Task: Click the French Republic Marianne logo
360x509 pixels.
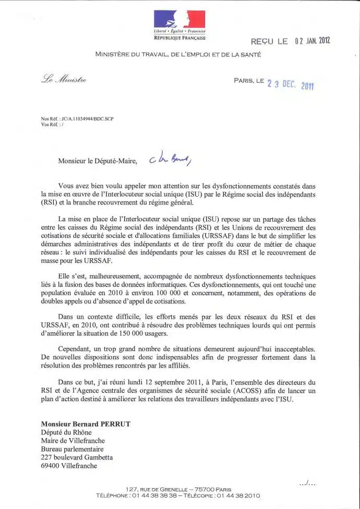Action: coord(179,19)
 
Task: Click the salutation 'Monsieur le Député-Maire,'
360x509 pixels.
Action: coord(98,161)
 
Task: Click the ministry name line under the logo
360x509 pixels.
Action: coord(179,54)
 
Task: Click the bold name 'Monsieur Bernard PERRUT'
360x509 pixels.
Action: coord(86,424)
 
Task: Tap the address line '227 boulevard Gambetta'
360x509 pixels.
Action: coord(77,457)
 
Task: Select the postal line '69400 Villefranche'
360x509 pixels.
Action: coord(69,466)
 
